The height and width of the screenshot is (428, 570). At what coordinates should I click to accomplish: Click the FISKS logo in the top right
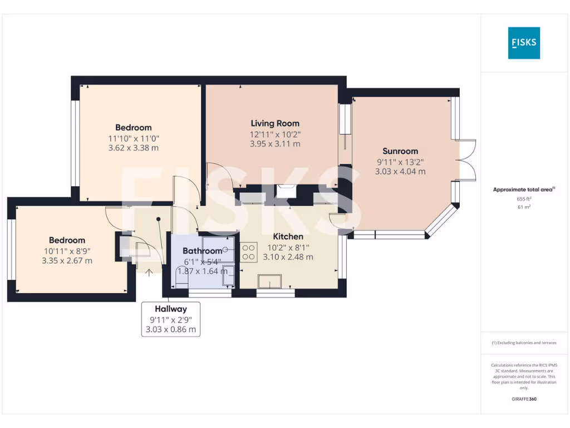click(x=524, y=43)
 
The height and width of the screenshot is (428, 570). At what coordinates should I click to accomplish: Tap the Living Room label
click(x=274, y=124)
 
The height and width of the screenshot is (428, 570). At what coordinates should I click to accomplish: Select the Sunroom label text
click(x=400, y=151)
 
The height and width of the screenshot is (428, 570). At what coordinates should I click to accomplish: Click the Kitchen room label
click(x=288, y=237)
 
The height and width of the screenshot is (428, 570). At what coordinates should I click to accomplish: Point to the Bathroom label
click(x=202, y=251)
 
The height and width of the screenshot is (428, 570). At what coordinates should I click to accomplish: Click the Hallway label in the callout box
click(x=170, y=309)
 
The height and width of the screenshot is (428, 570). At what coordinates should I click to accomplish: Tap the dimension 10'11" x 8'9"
click(x=67, y=251)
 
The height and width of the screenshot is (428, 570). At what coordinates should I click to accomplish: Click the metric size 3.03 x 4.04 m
click(x=400, y=172)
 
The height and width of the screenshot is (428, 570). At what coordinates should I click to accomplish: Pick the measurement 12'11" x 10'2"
click(x=274, y=134)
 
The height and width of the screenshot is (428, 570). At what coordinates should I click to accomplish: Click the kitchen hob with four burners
click(x=248, y=251)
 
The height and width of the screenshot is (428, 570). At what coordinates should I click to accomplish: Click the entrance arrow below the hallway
click(x=149, y=271)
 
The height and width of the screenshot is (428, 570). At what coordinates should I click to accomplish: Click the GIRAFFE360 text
click(x=523, y=399)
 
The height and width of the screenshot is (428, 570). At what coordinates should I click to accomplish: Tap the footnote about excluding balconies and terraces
click(x=523, y=343)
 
